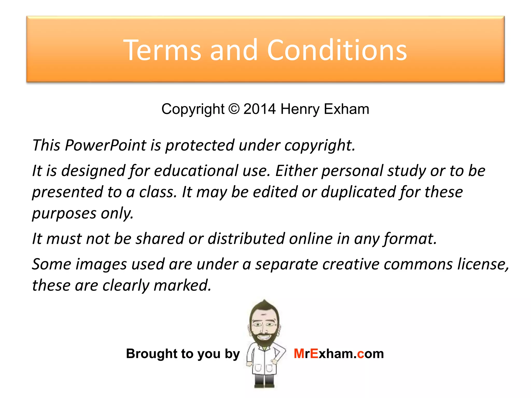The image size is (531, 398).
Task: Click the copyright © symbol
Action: (x=234, y=109)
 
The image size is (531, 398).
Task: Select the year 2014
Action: (x=259, y=109)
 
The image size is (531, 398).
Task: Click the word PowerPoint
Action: (x=106, y=145)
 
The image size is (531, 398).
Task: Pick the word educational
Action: (x=196, y=171)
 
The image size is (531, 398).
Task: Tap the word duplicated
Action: (x=358, y=192)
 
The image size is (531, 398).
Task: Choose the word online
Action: (x=311, y=238)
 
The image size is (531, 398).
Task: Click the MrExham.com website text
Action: (x=339, y=353)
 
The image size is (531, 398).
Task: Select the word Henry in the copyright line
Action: (x=300, y=109)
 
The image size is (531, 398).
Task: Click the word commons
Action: (x=418, y=264)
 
